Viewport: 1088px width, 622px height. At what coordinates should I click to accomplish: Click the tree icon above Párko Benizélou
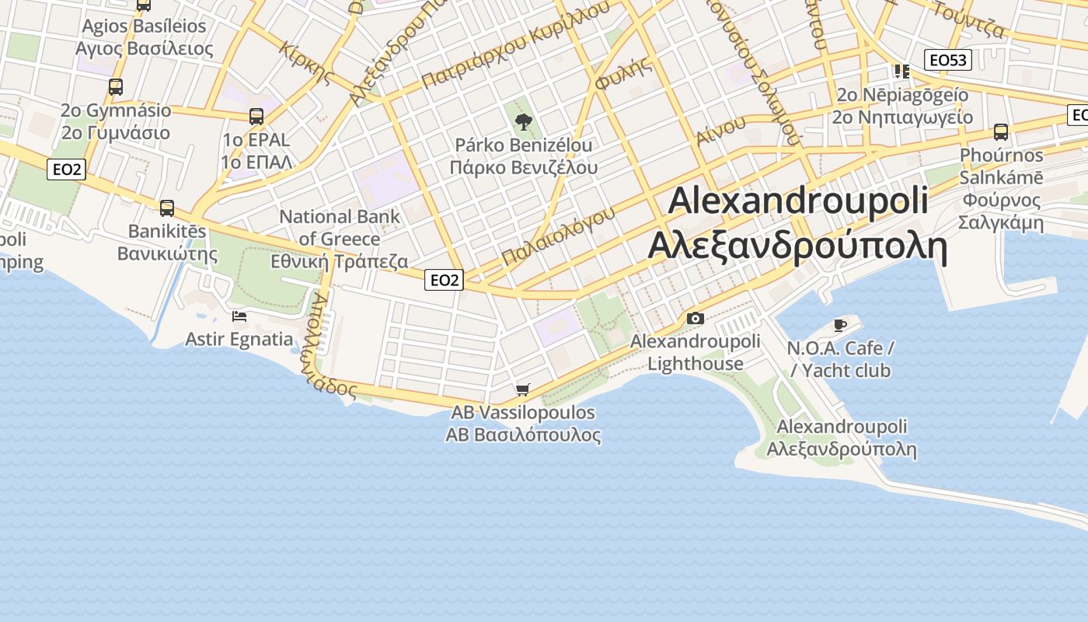[523, 121]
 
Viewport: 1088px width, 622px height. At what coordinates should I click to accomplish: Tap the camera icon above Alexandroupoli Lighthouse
[695, 318]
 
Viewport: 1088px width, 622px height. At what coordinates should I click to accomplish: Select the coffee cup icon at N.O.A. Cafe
[839, 324]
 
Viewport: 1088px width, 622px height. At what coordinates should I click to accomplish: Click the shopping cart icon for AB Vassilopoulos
[523, 389]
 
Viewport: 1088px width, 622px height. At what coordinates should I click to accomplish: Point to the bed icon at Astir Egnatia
[239, 316]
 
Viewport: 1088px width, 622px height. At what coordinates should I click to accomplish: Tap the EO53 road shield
[948, 60]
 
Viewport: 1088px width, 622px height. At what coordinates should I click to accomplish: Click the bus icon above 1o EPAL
[256, 117]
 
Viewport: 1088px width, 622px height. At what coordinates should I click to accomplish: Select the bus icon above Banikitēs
[167, 208]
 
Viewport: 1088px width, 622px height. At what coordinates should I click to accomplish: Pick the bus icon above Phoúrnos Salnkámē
[1001, 131]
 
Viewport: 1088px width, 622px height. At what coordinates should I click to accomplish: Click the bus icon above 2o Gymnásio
[116, 86]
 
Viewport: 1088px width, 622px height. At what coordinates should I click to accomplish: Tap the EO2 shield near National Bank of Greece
[444, 280]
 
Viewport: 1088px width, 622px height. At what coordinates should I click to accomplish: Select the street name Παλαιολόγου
[558, 235]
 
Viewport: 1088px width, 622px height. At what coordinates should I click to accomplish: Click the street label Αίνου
[720, 130]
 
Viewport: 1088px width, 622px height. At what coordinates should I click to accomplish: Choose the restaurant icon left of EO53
[901, 72]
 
